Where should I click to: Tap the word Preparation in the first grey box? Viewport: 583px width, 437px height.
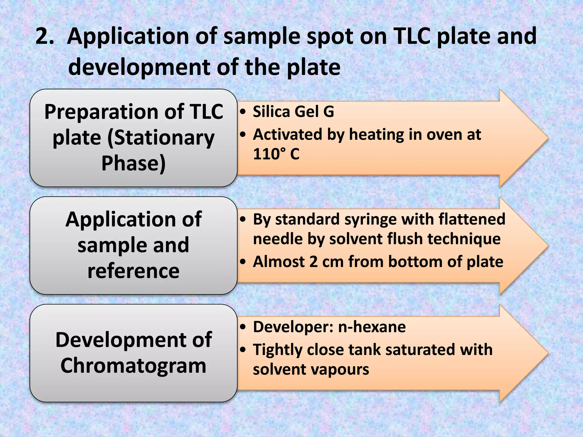tap(101, 112)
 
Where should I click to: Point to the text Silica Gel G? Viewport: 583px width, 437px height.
tap(293, 112)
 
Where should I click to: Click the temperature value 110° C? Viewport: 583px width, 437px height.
tap(276, 154)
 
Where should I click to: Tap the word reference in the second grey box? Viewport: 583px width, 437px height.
tap(134, 271)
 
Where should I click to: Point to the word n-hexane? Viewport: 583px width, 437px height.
tap(371, 327)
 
